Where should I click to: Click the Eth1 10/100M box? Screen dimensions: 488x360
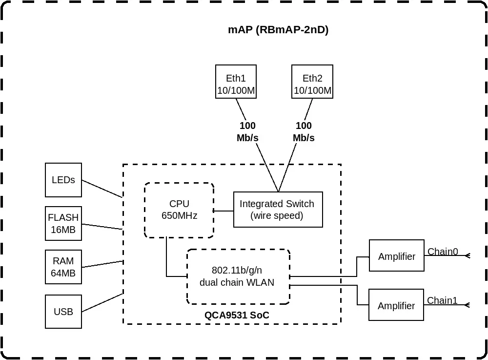pos(236,82)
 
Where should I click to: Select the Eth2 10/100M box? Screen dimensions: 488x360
pos(312,82)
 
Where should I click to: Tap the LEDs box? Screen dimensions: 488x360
pos(63,180)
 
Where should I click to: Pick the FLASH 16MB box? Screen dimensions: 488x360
pos(63,223)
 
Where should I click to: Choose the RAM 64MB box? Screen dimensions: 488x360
pos(63,267)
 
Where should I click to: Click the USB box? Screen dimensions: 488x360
pos(63,312)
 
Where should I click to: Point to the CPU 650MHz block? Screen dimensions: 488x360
pos(179,210)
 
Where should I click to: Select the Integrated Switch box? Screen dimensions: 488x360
pos(278,210)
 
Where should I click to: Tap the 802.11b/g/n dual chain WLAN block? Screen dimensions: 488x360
pos(239,276)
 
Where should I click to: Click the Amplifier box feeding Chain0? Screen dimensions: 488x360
pos(396,255)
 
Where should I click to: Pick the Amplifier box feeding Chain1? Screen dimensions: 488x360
pos(396,305)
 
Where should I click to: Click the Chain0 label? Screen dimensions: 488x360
pos(443,251)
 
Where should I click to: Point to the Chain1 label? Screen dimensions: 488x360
pos(442,300)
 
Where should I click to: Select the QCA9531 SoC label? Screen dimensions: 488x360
pos(237,315)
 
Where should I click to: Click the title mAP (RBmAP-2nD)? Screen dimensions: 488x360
pos(278,30)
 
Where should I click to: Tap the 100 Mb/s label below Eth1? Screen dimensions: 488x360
pos(247,132)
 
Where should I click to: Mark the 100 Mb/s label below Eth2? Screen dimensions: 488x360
pos(304,132)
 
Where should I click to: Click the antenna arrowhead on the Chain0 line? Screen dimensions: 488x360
pos(468,255)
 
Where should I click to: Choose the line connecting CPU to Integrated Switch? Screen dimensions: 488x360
pos(224,211)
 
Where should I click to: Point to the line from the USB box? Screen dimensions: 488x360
pos(102,302)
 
